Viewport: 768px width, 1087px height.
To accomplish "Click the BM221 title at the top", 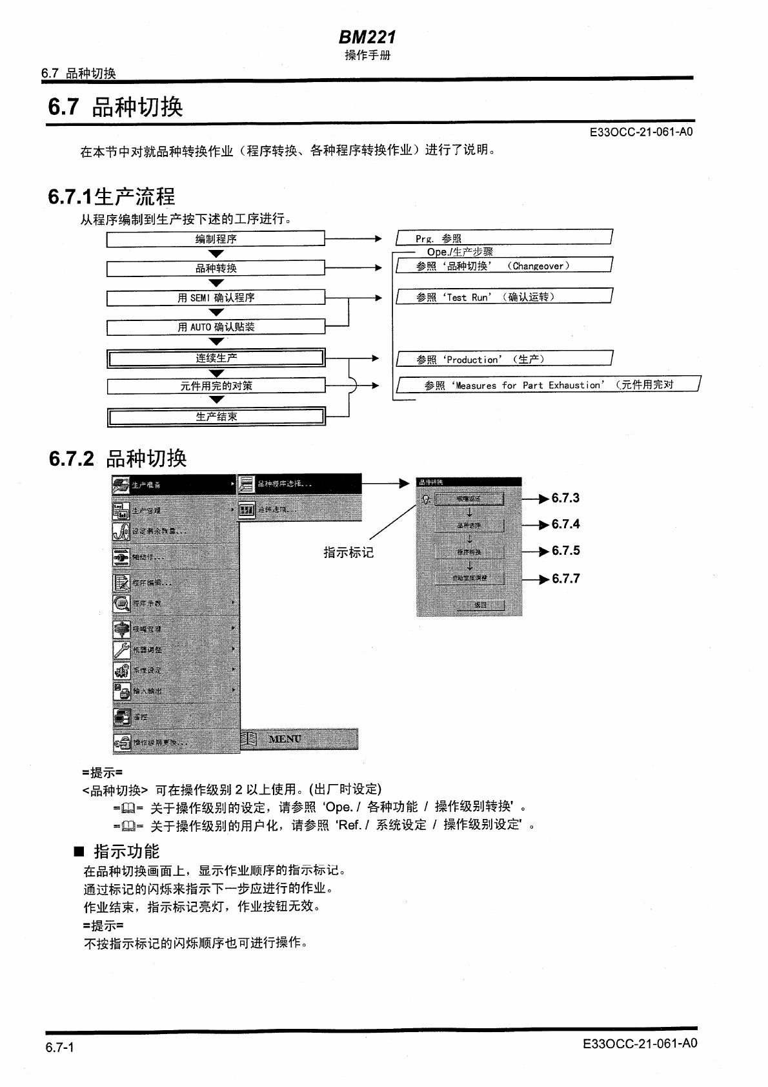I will coord(367,37).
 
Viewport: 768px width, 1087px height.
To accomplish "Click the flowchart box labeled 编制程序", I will coord(216,239).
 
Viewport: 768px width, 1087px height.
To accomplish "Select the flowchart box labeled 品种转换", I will coord(216,268).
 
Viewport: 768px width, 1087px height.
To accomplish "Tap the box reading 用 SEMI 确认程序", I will coord(216,298).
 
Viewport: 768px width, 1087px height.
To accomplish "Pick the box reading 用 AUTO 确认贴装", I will coord(216,327).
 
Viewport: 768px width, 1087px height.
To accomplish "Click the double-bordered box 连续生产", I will coord(216,358).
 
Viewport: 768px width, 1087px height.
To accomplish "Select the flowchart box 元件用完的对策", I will coord(216,386).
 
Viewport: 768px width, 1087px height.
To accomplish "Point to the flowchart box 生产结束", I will coord(216,417).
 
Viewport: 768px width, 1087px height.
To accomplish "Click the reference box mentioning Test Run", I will coord(503,297).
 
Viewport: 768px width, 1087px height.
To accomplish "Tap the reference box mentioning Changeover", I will coord(503,265).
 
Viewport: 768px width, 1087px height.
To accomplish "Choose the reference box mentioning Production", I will coord(503,359).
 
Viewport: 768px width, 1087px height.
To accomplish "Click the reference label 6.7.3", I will coord(565,498).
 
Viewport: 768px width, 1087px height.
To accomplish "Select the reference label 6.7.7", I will coord(565,579).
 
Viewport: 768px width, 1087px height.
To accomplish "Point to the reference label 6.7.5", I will coord(565,551).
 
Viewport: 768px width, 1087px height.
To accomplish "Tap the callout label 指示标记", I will coord(349,552).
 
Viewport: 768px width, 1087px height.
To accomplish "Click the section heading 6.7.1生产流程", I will coord(111,196).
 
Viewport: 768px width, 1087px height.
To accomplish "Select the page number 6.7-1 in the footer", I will coord(59,1048).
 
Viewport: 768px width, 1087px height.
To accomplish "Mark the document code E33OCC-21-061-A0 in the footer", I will coord(639,1044).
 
